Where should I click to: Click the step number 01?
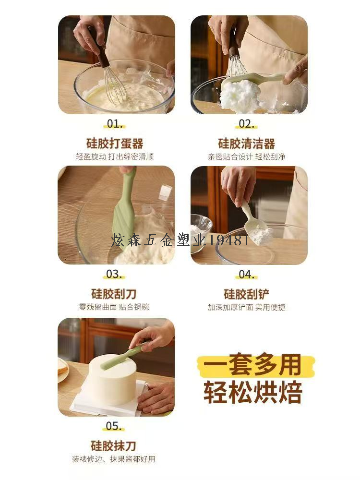tap(115, 124)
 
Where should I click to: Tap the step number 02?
tap(247, 124)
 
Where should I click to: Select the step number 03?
tap(114, 274)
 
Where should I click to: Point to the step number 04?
tap(247, 274)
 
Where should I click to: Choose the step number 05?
tap(114, 426)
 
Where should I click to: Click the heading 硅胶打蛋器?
tap(115, 143)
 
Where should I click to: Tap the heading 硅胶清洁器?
tap(247, 143)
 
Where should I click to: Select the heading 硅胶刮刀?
tap(114, 294)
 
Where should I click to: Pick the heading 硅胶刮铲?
tap(246, 294)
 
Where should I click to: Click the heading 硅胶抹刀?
tap(114, 446)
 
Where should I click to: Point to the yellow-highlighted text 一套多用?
tap(253, 365)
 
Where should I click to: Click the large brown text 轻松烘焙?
tap(253, 392)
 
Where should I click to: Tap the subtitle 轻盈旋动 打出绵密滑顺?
tap(115, 157)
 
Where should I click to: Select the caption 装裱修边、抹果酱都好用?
tap(114, 459)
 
